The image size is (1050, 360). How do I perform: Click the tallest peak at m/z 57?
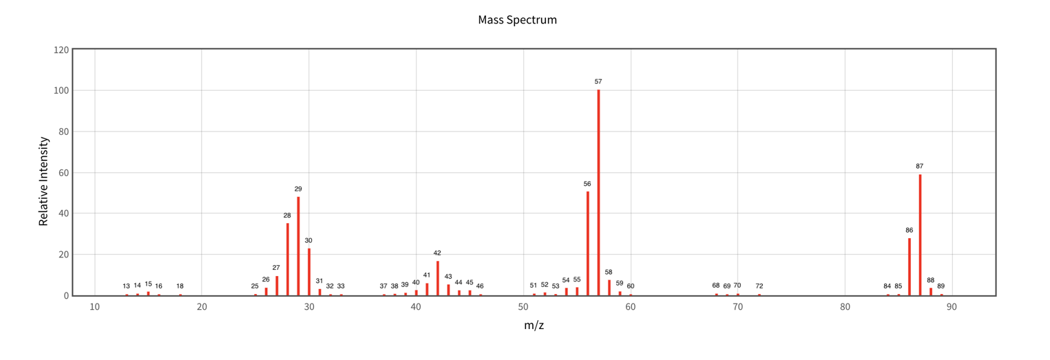[x=598, y=193]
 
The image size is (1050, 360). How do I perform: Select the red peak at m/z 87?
[x=920, y=235]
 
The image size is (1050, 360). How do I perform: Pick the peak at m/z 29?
[x=298, y=246]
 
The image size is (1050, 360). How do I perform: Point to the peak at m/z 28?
[x=288, y=259]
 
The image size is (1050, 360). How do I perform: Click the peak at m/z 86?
[x=910, y=266]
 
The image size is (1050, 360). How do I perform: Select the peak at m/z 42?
[x=437, y=278]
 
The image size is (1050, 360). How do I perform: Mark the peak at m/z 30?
[x=309, y=272]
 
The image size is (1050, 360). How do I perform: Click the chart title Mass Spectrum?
[x=517, y=20]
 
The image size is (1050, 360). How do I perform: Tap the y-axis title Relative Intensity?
[x=43, y=181]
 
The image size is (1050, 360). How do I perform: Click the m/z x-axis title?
[x=534, y=325]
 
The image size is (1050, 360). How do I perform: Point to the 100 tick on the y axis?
[x=61, y=91]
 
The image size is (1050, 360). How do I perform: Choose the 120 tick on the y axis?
[x=61, y=50]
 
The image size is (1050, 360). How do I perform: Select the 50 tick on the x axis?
[x=523, y=306]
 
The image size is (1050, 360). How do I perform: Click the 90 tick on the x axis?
[x=952, y=306]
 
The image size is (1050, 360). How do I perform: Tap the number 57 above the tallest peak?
[x=598, y=82]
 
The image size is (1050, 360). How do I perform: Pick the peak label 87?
[x=920, y=166]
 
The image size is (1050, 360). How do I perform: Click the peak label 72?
[x=759, y=286]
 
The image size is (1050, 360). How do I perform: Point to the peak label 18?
[x=180, y=286]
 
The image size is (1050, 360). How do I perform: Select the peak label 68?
[x=716, y=286]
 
